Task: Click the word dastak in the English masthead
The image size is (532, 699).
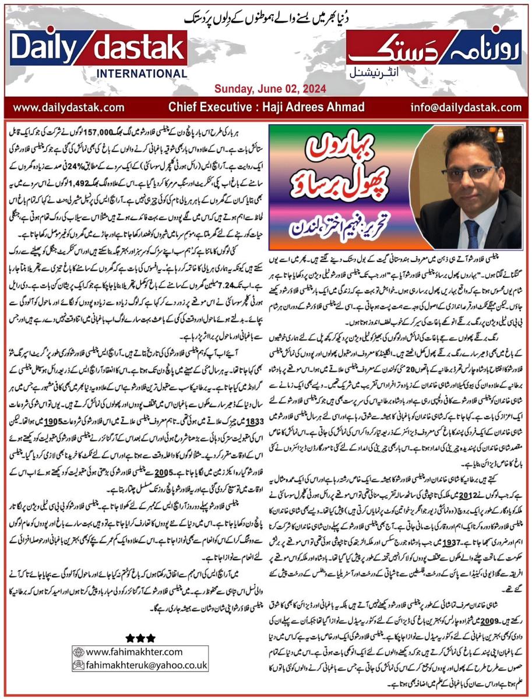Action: coord(138,50)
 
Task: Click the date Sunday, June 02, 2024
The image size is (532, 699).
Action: coord(266,89)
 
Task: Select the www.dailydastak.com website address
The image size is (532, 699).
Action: coord(69,107)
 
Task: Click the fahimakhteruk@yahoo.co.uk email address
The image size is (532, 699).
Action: coord(145,665)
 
